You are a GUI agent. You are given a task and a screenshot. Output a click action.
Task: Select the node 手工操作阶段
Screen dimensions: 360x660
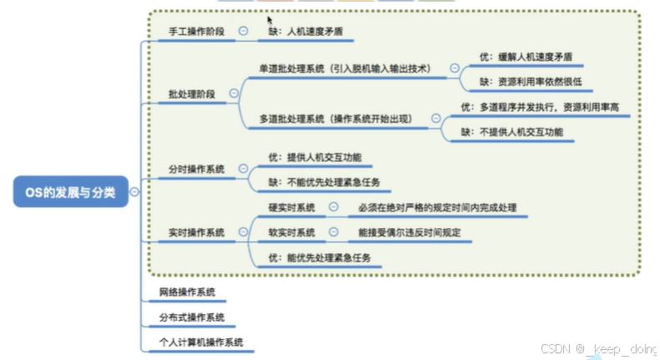196,31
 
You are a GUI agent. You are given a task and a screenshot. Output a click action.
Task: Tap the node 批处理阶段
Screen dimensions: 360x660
191,94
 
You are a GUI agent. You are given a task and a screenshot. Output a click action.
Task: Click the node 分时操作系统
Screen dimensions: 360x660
196,169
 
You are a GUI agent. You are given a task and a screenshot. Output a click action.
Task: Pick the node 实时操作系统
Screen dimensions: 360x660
196,232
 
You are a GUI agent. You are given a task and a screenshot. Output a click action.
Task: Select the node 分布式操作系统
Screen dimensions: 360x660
191,317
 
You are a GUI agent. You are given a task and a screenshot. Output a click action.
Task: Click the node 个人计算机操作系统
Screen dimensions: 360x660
201,342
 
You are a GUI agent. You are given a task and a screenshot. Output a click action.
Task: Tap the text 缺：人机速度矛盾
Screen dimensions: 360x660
305,31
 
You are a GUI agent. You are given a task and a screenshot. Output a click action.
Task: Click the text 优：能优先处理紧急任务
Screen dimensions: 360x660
318,257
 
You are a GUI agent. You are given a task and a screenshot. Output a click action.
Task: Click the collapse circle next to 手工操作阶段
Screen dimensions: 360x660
243,30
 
